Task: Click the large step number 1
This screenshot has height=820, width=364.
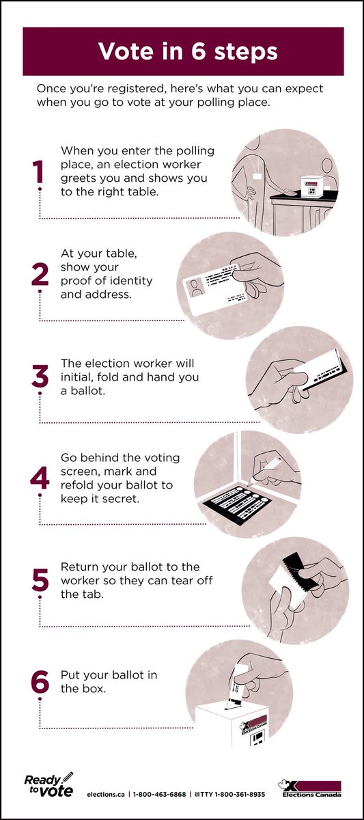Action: (x=38, y=172)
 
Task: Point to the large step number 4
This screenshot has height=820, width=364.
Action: (x=40, y=478)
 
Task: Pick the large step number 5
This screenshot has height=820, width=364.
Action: (x=40, y=580)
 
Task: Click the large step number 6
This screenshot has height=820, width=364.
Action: (x=40, y=682)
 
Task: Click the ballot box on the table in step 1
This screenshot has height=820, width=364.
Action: (x=311, y=187)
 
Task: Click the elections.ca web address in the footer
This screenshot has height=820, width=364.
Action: (x=106, y=794)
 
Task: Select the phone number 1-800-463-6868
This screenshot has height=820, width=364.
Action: (x=159, y=794)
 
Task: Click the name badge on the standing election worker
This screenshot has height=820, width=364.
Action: (x=257, y=176)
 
